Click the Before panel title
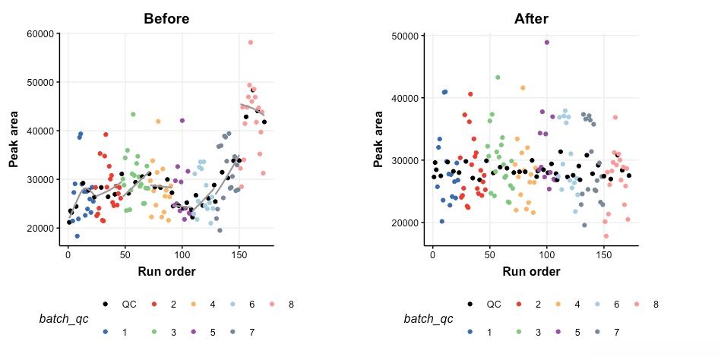pyautogui.click(x=166, y=18)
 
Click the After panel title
pyautogui.click(x=531, y=18)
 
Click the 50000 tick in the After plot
pyautogui.click(x=403, y=36)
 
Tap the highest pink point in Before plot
pyautogui.click(x=251, y=43)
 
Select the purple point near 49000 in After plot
pyautogui.click(x=547, y=43)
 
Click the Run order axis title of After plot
pyautogui.click(x=531, y=271)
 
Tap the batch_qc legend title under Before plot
pyautogui.click(x=63, y=319)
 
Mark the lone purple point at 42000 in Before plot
pyautogui.click(x=182, y=121)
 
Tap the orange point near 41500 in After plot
pyautogui.click(x=523, y=88)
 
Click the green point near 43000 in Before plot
pyautogui.click(x=133, y=115)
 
